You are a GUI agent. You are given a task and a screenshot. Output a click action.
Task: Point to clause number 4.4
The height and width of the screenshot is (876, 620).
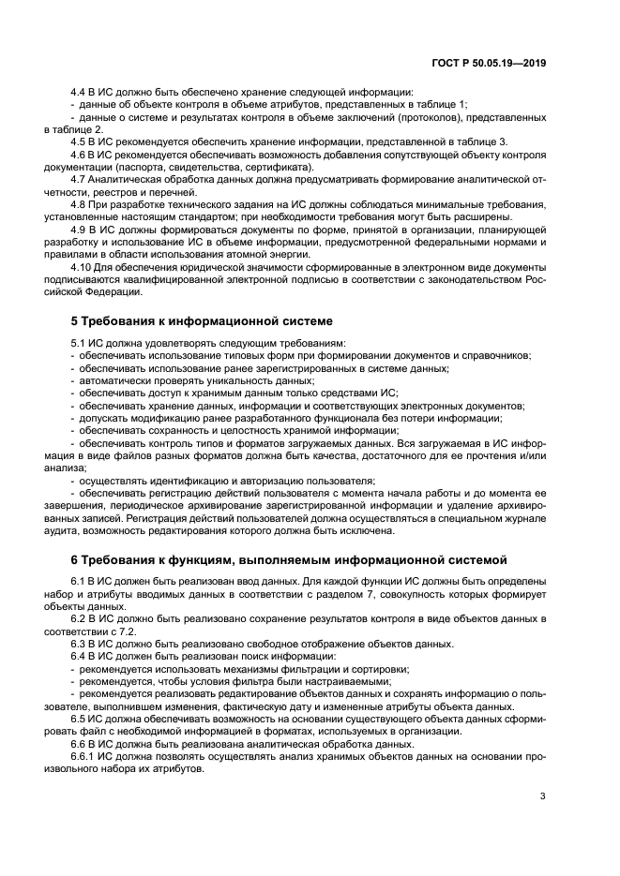click(80, 92)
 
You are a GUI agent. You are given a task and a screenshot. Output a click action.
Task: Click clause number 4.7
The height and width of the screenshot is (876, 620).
click(80, 177)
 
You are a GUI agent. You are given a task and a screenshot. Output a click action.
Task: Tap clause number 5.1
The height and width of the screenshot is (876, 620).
click(80, 344)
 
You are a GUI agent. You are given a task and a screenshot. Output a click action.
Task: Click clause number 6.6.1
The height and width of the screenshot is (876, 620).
click(85, 753)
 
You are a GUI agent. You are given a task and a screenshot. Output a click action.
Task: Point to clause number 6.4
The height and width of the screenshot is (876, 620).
click(80, 656)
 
